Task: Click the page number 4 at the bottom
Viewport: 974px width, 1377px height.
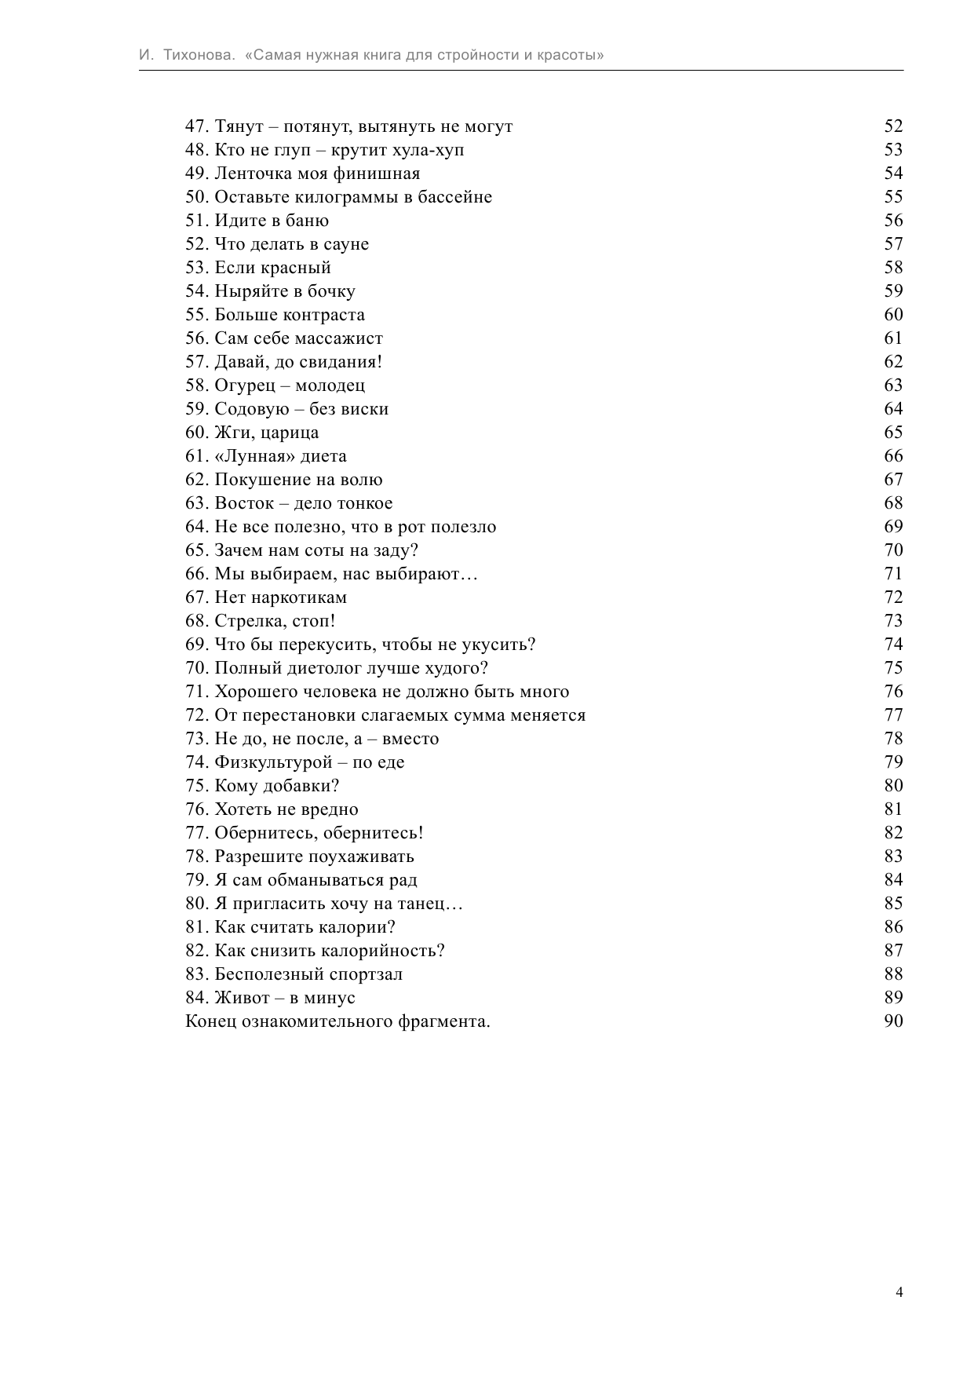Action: tap(899, 1292)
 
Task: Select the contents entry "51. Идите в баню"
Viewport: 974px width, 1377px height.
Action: tap(257, 221)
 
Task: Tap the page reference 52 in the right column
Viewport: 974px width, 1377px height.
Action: tap(893, 126)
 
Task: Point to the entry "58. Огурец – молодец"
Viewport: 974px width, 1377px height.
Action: tap(275, 385)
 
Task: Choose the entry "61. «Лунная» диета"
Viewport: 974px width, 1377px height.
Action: tap(265, 456)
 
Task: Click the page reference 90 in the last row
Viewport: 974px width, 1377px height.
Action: tap(893, 1021)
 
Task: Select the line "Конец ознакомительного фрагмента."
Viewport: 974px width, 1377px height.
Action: tap(337, 1021)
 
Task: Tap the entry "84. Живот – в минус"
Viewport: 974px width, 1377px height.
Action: tap(270, 998)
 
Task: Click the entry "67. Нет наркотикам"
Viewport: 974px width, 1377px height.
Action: tap(265, 597)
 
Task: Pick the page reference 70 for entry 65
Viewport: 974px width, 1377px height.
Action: tap(893, 550)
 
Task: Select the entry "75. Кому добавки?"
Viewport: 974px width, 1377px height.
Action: tap(262, 786)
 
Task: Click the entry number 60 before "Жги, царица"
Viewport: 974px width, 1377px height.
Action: tap(196, 433)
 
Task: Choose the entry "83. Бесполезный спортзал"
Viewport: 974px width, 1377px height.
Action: tap(294, 974)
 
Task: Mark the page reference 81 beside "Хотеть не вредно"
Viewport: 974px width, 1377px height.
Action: tap(893, 809)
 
